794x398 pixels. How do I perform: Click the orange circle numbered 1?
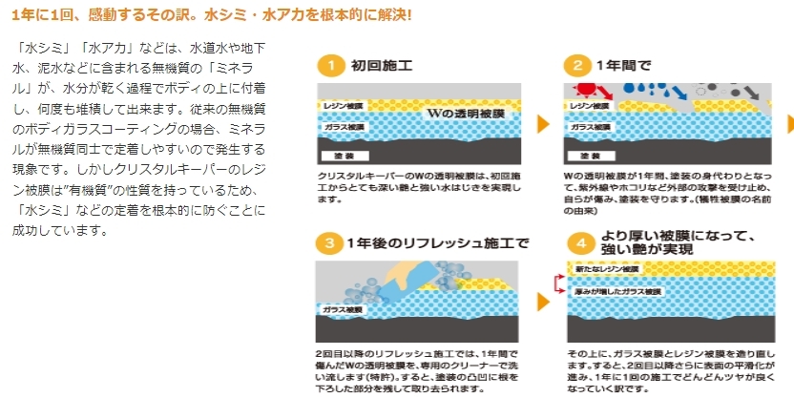pyautogui.click(x=331, y=66)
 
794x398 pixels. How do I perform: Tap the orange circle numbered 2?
pyautogui.click(x=577, y=66)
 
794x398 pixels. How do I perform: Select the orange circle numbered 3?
pyautogui.click(x=329, y=243)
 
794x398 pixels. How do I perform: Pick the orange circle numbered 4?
pyautogui.click(x=581, y=243)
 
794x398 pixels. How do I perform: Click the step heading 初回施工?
pyautogui.click(x=382, y=66)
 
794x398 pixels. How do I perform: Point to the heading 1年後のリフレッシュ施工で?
pyautogui.click(x=438, y=243)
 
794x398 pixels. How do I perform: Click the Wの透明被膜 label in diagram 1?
pyautogui.click(x=466, y=114)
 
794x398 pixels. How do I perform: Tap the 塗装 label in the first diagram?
pyautogui.click(x=345, y=156)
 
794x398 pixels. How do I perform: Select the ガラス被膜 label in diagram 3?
pyautogui.click(x=342, y=309)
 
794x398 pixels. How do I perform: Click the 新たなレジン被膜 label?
pyautogui.click(x=607, y=269)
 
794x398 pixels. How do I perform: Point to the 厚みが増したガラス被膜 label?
pyautogui.click(x=617, y=292)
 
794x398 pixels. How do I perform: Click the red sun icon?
pyautogui.click(x=585, y=90)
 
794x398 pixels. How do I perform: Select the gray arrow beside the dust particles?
pyautogui.click(x=751, y=93)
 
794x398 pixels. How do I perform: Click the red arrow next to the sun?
pyautogui.click(x=605, y=93)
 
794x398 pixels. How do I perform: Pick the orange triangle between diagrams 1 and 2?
pyautogui.click(x=543, y=123)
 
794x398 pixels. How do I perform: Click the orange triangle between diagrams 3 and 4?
pyautogui.click(x=543, y=302)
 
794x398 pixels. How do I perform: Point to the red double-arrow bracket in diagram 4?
pyautogui.click(x=559, y=283)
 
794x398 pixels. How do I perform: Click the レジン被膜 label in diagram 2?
pyautogui.click(x=589, y=106)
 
